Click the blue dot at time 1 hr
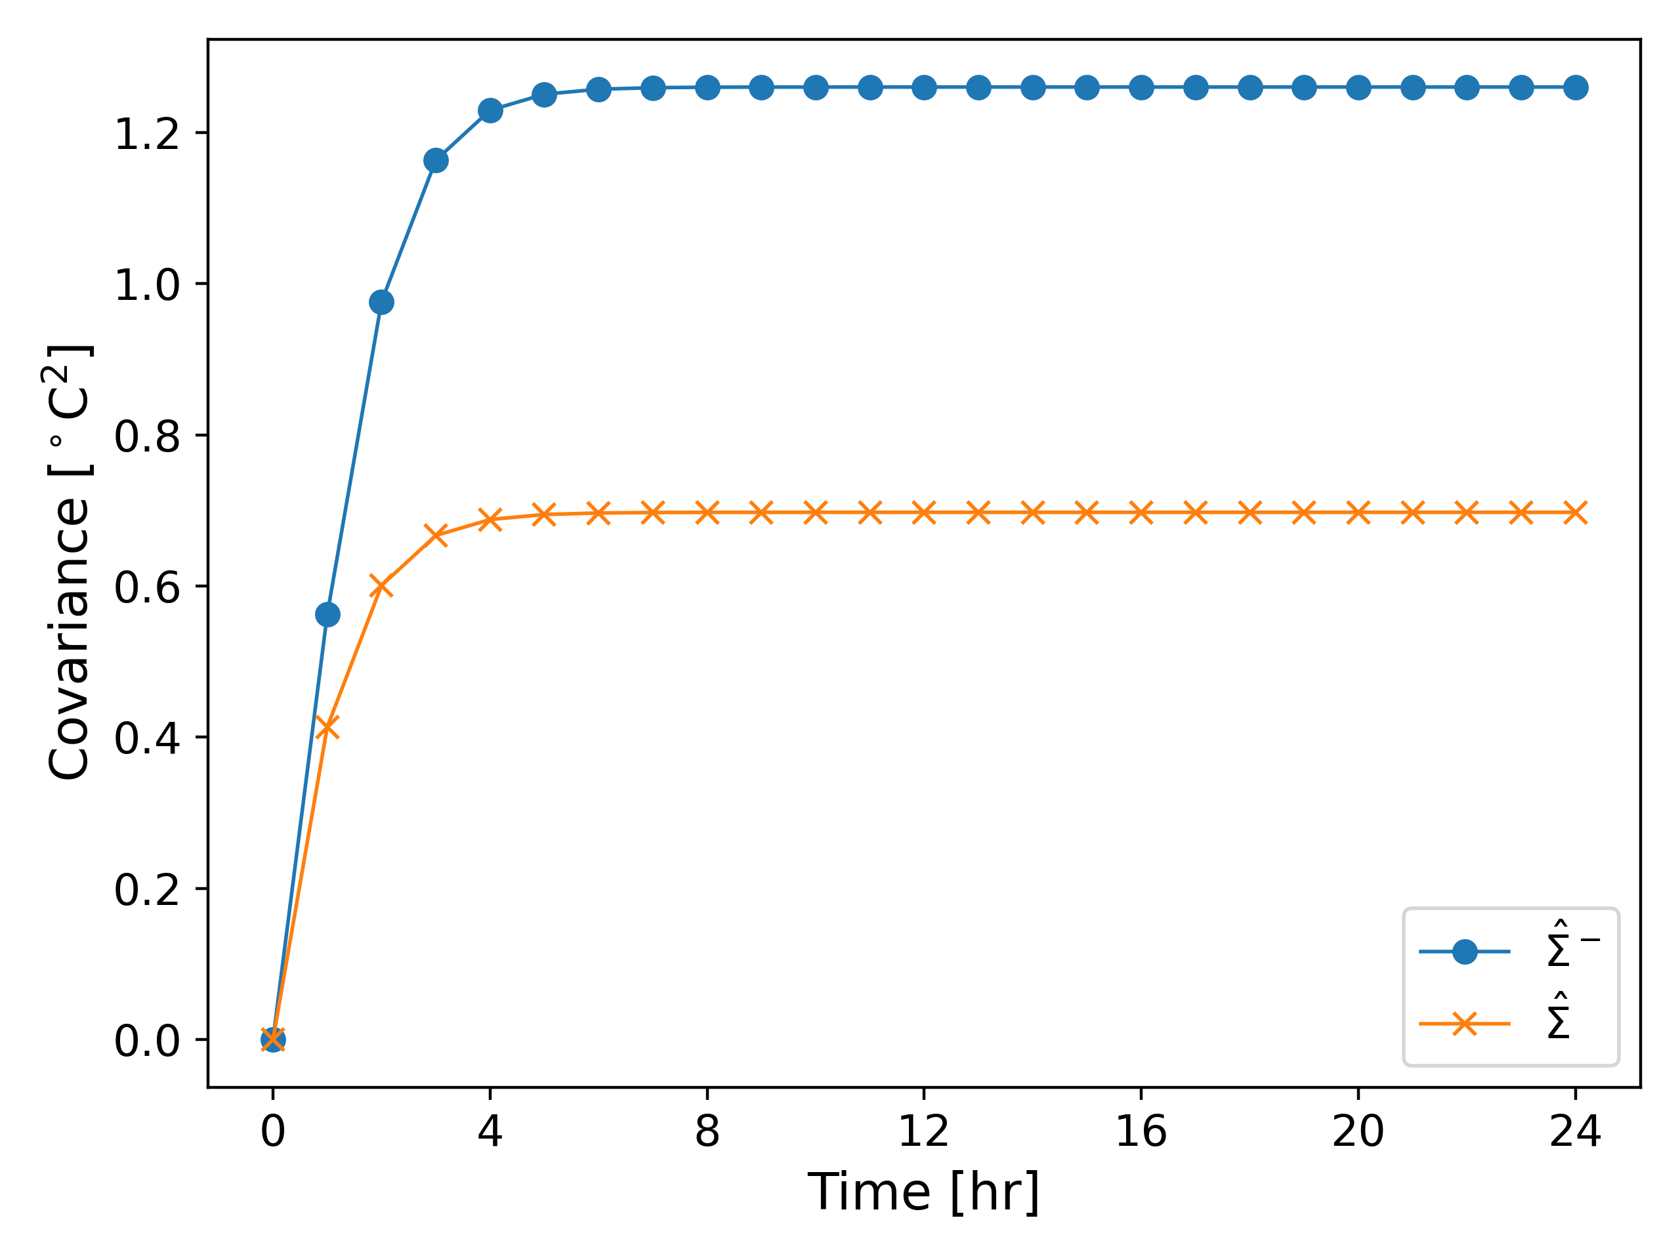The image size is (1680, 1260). tap(327, 614)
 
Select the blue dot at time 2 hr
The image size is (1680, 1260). tap(381, 303)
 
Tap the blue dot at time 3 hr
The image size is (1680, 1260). tap(436, 160)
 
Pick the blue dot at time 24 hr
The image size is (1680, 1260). tap(1575, 88)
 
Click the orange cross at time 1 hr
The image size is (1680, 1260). tap(327, 727)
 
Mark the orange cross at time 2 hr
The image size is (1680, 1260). tap(381, 585)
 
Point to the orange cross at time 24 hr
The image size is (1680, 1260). tap(1575, 513)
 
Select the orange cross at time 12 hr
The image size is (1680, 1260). tap(923, 513)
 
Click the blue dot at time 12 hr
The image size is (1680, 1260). tap(923, 88)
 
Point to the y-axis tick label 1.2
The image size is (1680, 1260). tap(146, 135)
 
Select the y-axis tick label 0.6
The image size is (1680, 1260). tap(146, 587)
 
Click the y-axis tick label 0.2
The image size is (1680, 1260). tap(146, 889)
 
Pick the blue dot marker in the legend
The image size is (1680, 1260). tap(1464, 952)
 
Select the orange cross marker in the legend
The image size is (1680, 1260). tap(1464, 1024)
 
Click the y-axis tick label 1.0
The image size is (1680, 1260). tap(146, 285)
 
